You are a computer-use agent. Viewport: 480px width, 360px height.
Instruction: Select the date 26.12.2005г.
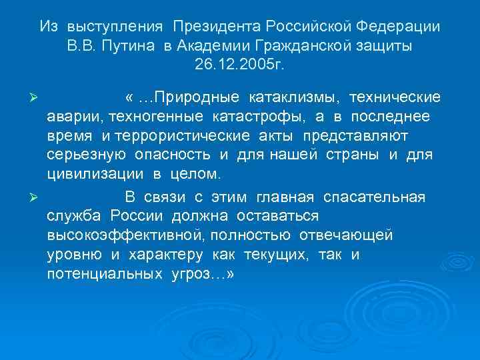(x=240, y=67)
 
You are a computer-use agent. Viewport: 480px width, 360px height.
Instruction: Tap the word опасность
(x=182, y=156)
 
